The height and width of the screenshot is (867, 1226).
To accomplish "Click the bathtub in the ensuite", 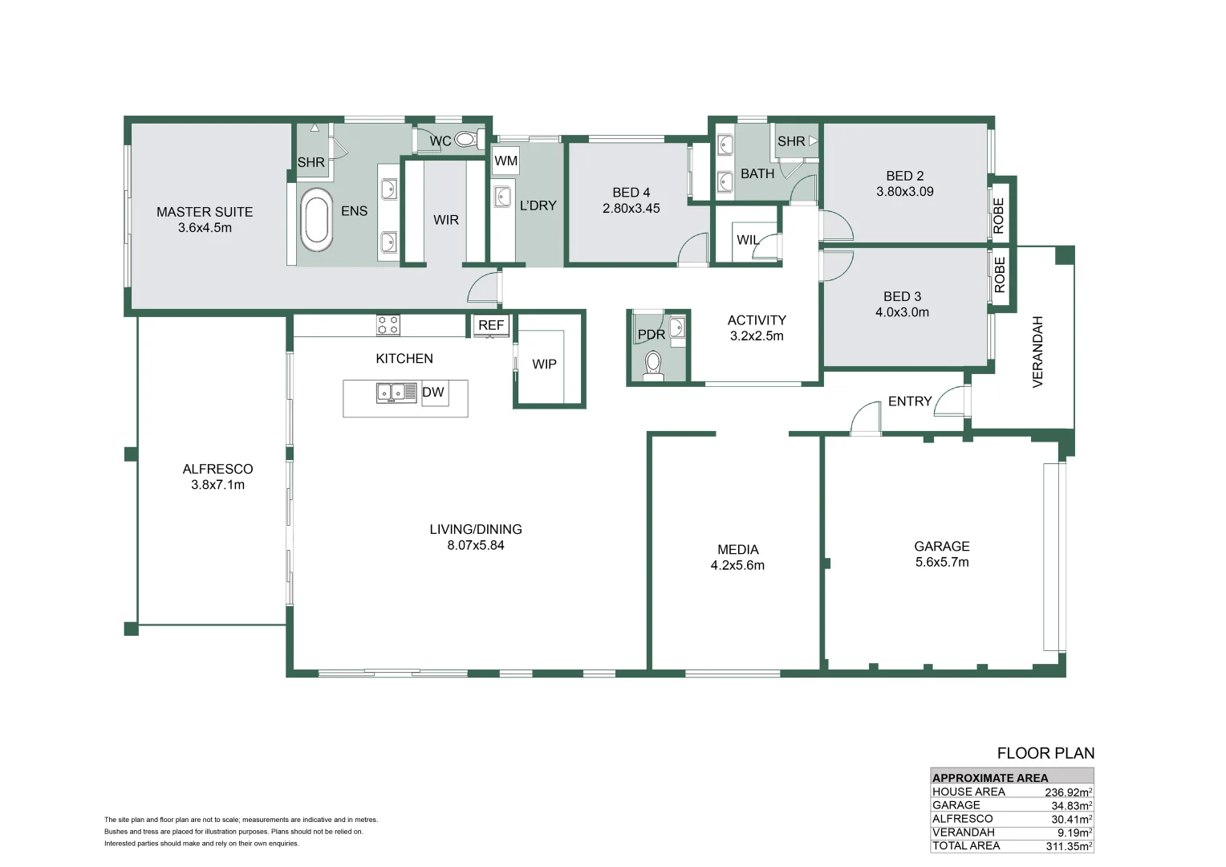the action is (316, 220).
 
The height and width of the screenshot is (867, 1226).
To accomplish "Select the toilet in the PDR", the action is (653, 364).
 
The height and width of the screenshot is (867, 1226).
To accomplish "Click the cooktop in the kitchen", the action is (388, 325).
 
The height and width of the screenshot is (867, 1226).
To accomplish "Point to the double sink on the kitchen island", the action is (397, 392).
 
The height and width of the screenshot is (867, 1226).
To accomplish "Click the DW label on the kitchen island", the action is (433, 392).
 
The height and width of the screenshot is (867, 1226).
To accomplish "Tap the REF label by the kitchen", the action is (491, 325).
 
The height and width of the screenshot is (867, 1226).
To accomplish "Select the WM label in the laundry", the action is (505, 161).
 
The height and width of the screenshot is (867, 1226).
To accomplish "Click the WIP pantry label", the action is (544, 364).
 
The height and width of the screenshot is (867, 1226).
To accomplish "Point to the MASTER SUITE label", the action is (205, 212).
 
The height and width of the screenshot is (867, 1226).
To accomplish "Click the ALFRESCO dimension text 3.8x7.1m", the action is (217, 485).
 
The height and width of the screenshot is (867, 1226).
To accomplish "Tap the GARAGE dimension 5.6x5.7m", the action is (942, 562).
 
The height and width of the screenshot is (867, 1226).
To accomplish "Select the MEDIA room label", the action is (738, 549).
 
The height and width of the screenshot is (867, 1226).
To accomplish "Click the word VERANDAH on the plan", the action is (1037, 352).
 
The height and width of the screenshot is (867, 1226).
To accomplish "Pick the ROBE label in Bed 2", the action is (999, 216).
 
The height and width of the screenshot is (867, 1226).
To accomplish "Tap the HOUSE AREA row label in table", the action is (968, 792).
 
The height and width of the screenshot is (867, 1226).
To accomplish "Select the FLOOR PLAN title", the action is (1046, 754).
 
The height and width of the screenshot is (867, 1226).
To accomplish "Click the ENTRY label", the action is (910, 401).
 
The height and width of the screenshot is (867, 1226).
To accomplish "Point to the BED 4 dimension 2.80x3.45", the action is (631, 208).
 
